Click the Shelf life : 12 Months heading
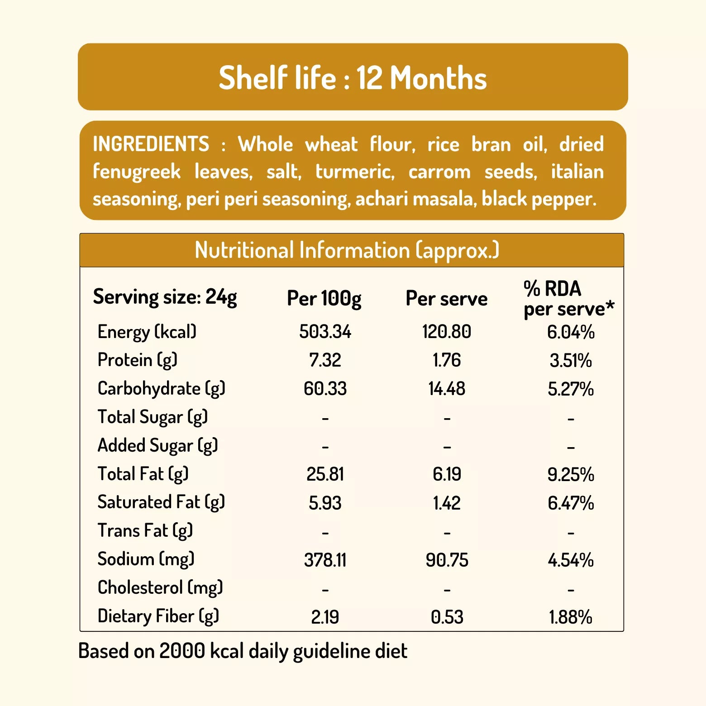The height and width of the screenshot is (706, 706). [353, 77]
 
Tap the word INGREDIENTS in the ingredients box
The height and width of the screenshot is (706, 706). [151, 144]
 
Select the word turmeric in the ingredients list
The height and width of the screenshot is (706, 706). [354, 172]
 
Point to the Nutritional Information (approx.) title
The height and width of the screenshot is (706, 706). [347, 250]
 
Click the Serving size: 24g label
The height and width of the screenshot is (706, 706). [165, 297]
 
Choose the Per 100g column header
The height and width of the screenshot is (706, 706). [324, 299]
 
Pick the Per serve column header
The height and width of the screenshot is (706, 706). [446, 299]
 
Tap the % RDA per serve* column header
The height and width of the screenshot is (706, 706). [568, 299]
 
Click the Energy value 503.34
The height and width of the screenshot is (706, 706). [325, 332]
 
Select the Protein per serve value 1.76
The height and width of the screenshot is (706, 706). [447, 360]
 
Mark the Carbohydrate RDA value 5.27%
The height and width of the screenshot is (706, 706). [571, 389]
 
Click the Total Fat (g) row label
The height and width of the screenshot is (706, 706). [143, 474]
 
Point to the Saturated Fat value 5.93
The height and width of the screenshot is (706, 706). [325, 503]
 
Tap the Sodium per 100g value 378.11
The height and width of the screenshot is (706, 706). [325, 560]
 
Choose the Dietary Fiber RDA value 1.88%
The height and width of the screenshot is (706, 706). [571, 617]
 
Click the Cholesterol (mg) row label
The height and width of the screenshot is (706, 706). [160, 587]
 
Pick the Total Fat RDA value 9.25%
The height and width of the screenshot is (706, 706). [571, 475]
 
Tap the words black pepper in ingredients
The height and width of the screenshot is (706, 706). [539, 199]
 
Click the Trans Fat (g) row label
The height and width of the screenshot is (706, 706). [145, 530]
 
